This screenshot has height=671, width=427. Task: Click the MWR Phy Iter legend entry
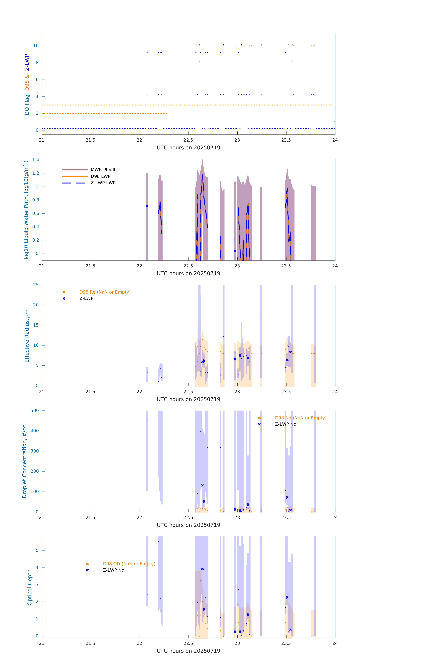(x=105, y=170)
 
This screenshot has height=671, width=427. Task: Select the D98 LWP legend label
(x=100, y=176)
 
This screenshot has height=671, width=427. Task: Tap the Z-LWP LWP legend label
(x=103, y=183)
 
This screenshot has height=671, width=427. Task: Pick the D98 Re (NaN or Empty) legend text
(x=105, y=292)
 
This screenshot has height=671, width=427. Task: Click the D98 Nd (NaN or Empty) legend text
(x=300, y=418)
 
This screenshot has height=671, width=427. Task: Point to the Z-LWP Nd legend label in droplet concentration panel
(x=285, y=424)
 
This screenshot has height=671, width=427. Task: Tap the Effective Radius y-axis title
(x=27, y=336)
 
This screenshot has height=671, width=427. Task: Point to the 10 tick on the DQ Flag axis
(x=36, y=46)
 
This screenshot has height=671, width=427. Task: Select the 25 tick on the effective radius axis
(x=36, y=285)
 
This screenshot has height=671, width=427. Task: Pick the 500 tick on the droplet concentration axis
(x=34, y=410)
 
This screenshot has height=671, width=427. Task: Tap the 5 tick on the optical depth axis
(x=37, y=550)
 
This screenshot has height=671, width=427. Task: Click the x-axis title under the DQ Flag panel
(x=188, y=148)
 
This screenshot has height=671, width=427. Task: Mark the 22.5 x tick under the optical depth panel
(x=188, y=643)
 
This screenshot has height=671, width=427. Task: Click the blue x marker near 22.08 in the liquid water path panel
(x=147, y=206)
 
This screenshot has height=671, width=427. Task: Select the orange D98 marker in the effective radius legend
(x=64, y=292)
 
